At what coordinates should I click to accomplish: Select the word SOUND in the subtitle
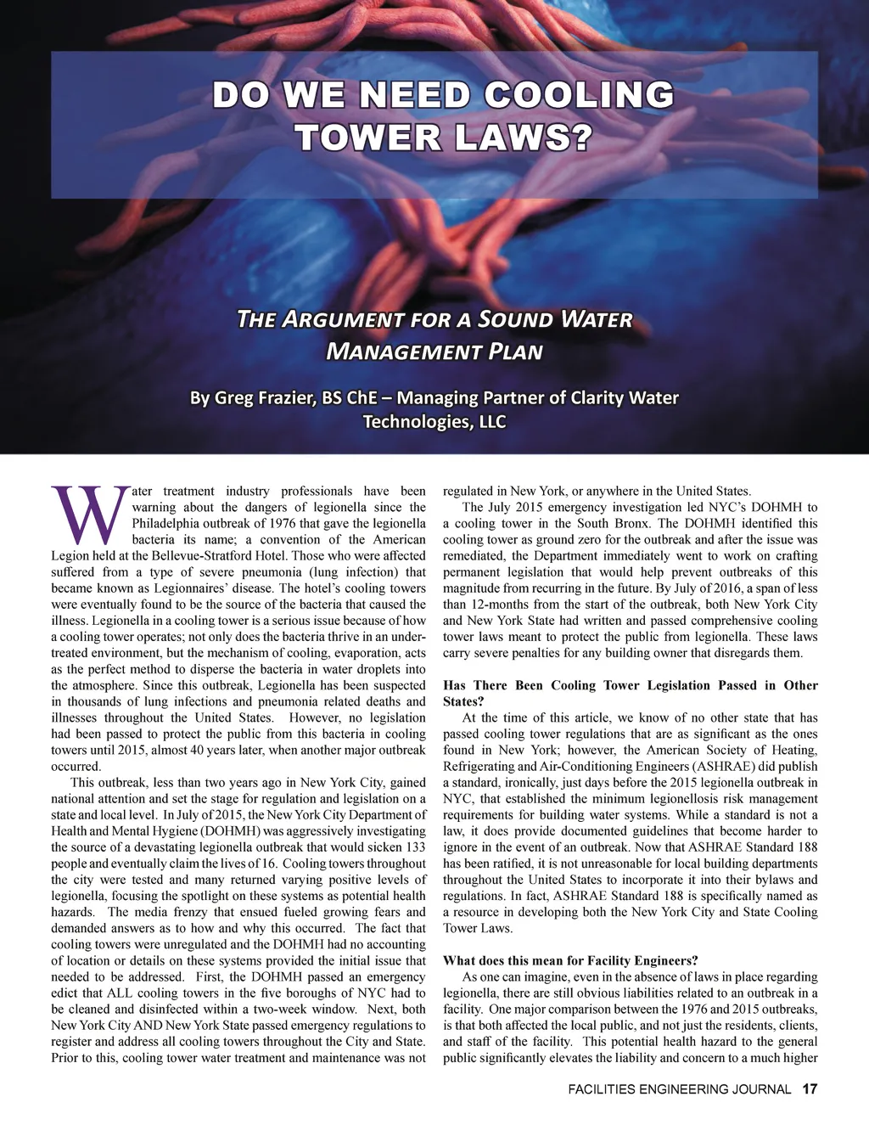point(514,319)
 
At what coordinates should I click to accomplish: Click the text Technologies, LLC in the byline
point(434,421)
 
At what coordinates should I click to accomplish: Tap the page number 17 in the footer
point(809,1088)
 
